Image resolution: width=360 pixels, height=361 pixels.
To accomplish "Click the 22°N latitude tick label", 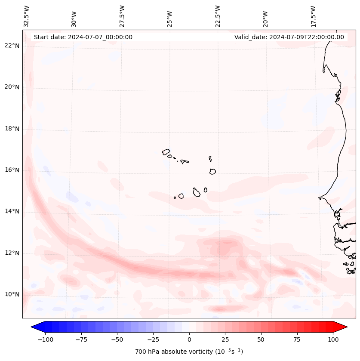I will click(x=12, y=46).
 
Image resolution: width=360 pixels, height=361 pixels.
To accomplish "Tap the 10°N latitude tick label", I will click(x=12, y=295).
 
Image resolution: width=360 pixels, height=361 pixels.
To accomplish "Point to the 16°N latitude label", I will click(x=12, y=170).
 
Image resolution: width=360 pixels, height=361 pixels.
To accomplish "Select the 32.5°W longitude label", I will click(x=27, y=16).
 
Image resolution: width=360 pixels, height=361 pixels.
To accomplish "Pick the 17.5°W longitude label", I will click(x=313, y=16).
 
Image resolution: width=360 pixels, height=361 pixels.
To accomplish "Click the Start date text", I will click(x=83, y=37).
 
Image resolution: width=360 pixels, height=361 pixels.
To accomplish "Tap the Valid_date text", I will click(x=289, y=37).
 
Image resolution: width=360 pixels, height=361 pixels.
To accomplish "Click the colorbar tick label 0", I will click(x=189, y=339).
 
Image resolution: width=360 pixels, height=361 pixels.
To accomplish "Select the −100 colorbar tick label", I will click(x=45, y=339).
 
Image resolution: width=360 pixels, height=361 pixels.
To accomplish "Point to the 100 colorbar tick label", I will click(x=332, y=339).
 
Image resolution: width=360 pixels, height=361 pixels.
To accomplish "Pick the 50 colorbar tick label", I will click(x=261, y=339).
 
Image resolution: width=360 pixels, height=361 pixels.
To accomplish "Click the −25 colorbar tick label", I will click(x=153, y=339).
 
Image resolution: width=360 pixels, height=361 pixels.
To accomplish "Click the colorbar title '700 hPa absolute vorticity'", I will click(x=189, y=352).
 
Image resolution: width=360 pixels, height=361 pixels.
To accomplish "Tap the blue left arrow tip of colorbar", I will click(x=33, y=327).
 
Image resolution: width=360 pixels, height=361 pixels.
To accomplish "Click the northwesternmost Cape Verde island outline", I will click(x=166, y=152).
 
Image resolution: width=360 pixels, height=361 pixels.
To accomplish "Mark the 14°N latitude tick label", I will click(x=12, y=212).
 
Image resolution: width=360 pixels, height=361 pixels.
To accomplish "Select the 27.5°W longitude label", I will click(x=122, y=16).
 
